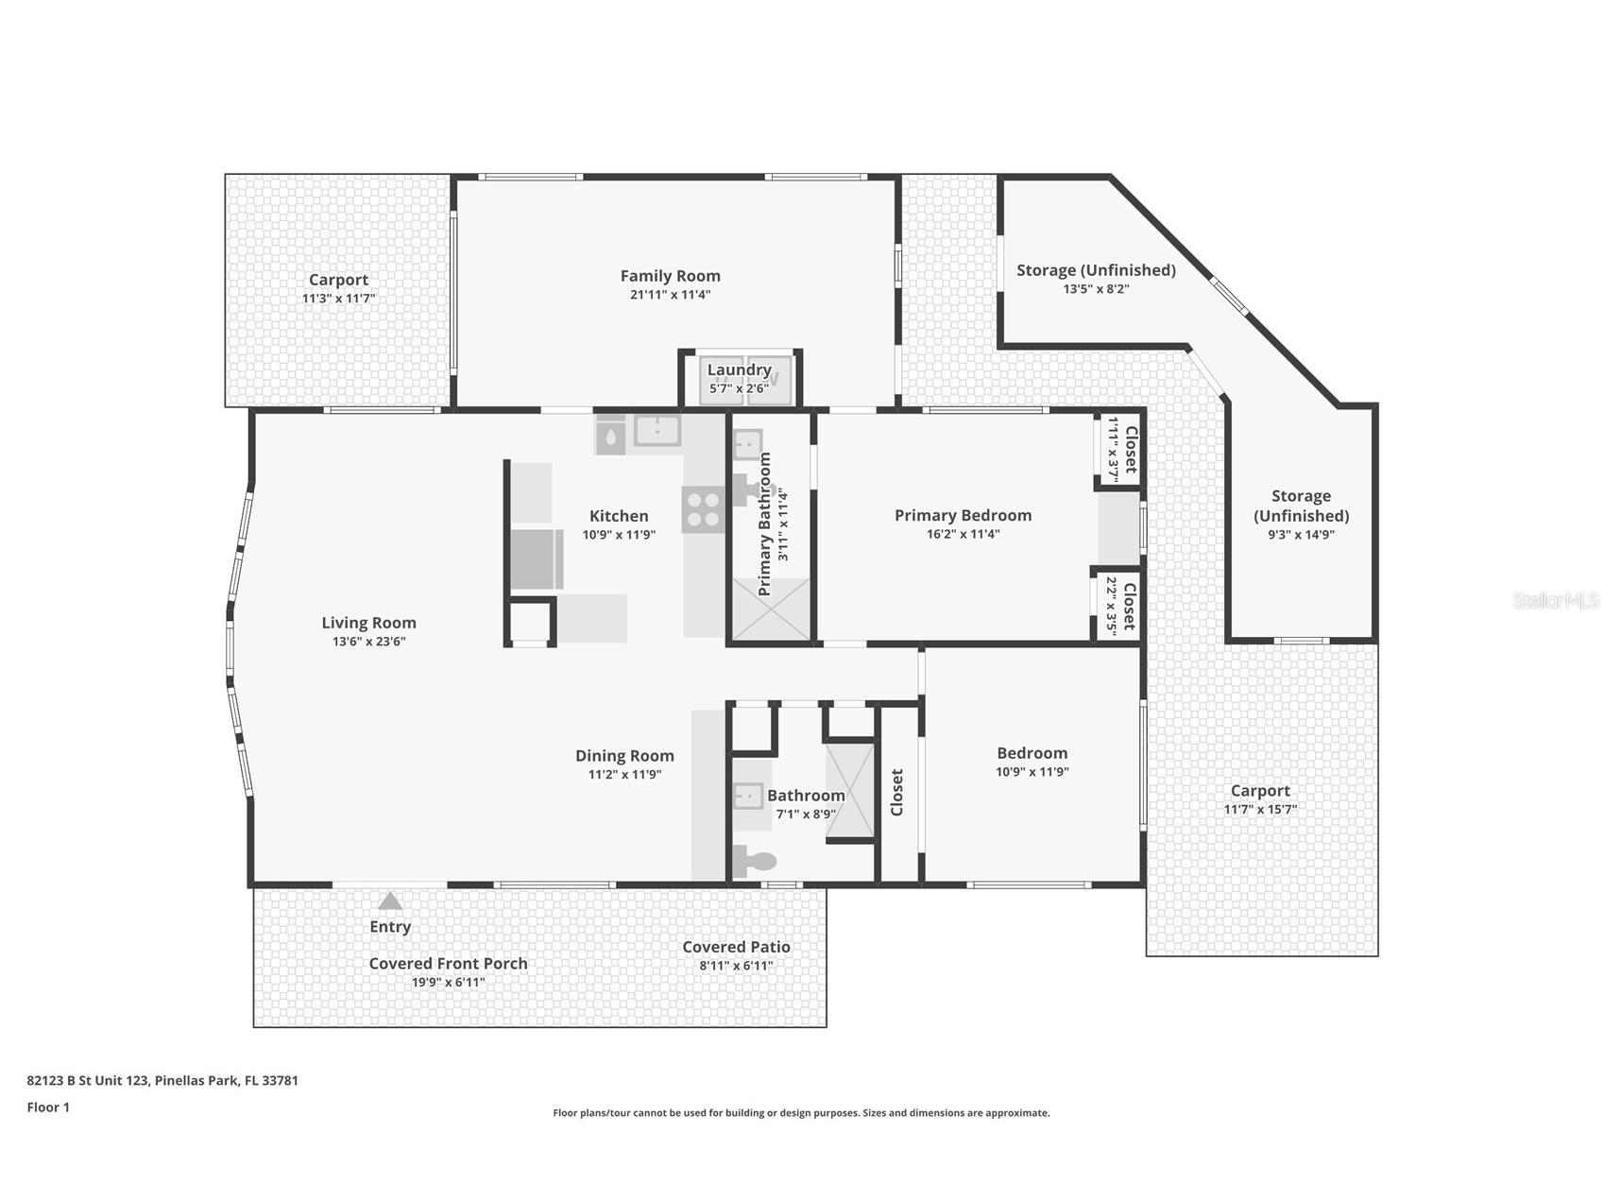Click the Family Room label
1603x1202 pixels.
tap(670, 276)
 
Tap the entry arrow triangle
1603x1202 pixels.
tap(390, 901)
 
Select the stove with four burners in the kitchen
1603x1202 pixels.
tap(703, 509)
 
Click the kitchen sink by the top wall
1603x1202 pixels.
tap(657, 430)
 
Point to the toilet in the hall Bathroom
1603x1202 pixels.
tap(755, 861)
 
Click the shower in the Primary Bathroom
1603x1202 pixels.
tap(772, 610)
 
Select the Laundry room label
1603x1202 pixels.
tap(739, 369)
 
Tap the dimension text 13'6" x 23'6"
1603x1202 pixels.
tap(368, 642)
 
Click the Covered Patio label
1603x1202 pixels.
tap(736, 947)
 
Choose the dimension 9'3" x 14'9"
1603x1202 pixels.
tap(1301, 535)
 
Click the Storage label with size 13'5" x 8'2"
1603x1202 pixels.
tap(1096, 270)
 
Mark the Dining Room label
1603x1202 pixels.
tap(624, 755)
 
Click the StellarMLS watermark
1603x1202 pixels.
tap(1555, 600)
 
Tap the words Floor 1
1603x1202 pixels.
tap(48, 1108)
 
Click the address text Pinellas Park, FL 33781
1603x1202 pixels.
tap(227, 1080)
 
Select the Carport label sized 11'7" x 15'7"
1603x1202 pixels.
tap(1259, 791)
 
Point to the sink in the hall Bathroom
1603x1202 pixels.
tap(748, 797)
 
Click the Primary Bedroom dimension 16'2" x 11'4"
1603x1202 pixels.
tap(963, 534)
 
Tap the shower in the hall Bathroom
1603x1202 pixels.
tap(850, 791)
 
